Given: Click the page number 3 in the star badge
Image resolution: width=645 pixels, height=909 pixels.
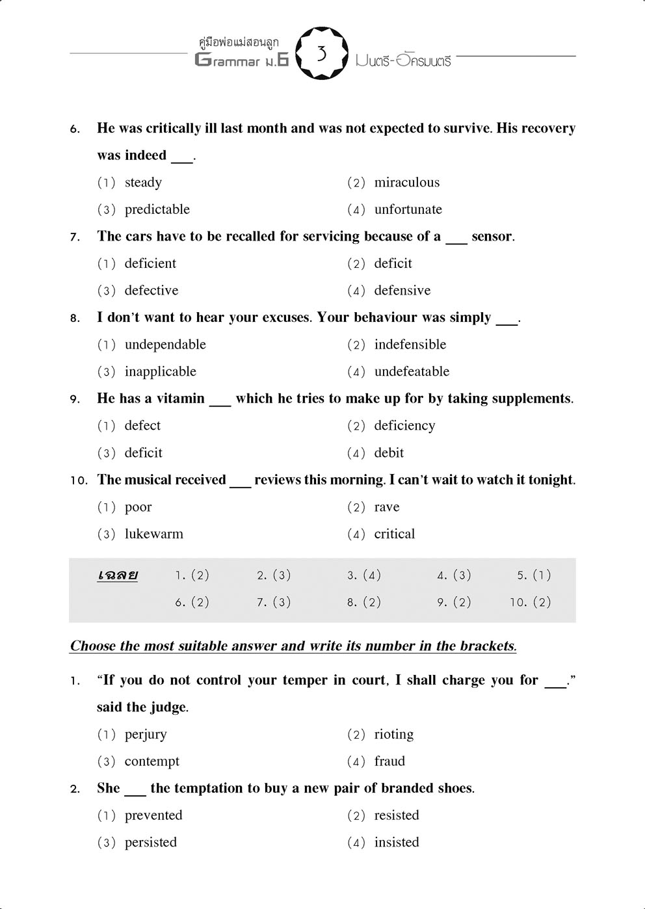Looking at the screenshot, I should tap(321, 53).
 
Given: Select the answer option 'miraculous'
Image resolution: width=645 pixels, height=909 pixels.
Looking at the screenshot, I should tap(406, 183).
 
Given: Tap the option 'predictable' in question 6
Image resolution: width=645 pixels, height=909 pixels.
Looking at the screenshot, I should tap(157, 210).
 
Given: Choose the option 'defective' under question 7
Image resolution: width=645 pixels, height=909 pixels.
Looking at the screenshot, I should tap(151, 291).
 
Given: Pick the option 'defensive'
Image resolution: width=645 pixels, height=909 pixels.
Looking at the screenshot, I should tap(402, 291).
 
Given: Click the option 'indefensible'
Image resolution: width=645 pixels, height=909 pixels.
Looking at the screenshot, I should tap(410, 345).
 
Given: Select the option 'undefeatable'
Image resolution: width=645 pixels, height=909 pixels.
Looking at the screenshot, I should tap(412, 372).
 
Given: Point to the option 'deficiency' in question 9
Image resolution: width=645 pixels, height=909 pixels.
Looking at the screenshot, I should tap(404, 426).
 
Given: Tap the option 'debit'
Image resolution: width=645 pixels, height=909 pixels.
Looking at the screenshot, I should tap(389, 453).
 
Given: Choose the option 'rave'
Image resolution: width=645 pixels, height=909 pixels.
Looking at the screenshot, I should tap(387, 507).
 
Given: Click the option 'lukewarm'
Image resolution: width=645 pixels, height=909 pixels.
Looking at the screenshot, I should tap(153, 534).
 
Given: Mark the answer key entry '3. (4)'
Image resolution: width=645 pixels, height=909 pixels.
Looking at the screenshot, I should tap(364, 575).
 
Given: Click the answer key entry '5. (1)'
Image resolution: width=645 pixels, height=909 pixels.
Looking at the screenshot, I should tap(534, 575).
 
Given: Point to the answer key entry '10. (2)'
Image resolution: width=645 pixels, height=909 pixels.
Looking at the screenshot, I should tap(531, 603).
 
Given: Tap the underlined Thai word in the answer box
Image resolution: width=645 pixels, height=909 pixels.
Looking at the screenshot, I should tap(118, 575).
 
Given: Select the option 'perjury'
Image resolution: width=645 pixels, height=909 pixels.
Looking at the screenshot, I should tap(146, 735).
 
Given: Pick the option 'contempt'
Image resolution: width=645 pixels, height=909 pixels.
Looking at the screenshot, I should tap(151, 761).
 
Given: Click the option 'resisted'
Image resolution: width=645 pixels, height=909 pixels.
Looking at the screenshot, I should tap(397, 815).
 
